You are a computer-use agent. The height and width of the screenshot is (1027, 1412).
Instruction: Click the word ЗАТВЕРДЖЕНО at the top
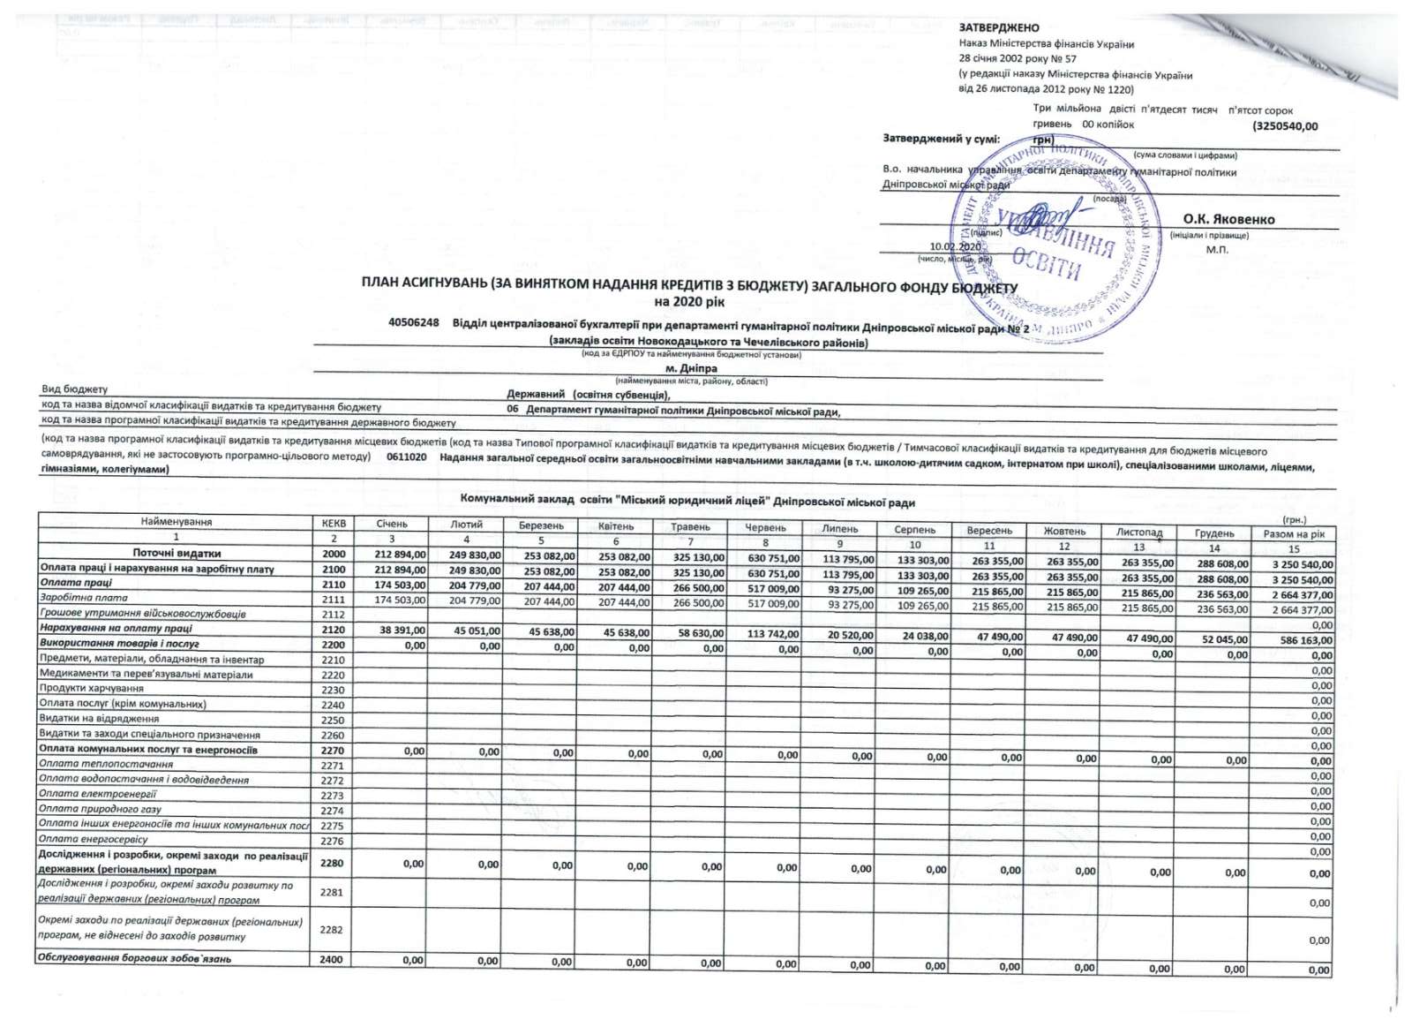(998, 28)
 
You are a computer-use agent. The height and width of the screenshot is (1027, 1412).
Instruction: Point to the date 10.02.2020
(955, 246)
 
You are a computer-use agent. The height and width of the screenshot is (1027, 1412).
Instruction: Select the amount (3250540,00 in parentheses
(1285, 126)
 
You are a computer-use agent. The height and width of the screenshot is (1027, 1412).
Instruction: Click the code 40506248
(414, 322)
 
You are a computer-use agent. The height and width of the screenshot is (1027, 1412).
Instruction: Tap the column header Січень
(392, 524)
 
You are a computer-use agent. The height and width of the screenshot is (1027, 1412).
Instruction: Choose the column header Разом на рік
(1293, 533)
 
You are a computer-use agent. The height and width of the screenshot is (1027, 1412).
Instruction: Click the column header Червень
(765, 527)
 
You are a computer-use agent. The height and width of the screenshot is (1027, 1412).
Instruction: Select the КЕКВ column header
(334, 523)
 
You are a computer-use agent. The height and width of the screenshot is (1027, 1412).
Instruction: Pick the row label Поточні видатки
(176, 553)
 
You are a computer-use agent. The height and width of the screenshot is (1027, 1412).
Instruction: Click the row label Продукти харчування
(91, 688)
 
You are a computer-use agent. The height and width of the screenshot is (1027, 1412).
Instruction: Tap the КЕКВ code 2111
(333, 599)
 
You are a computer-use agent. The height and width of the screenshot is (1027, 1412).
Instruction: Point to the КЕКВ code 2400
(331, 959)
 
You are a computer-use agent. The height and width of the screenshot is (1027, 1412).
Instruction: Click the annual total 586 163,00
(1306, 640)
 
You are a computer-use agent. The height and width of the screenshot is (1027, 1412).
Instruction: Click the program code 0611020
(406, 457)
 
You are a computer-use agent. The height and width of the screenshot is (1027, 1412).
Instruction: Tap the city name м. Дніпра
(691, 368)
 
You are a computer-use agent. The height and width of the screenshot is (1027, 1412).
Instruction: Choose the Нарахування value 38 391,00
(402, 631)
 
